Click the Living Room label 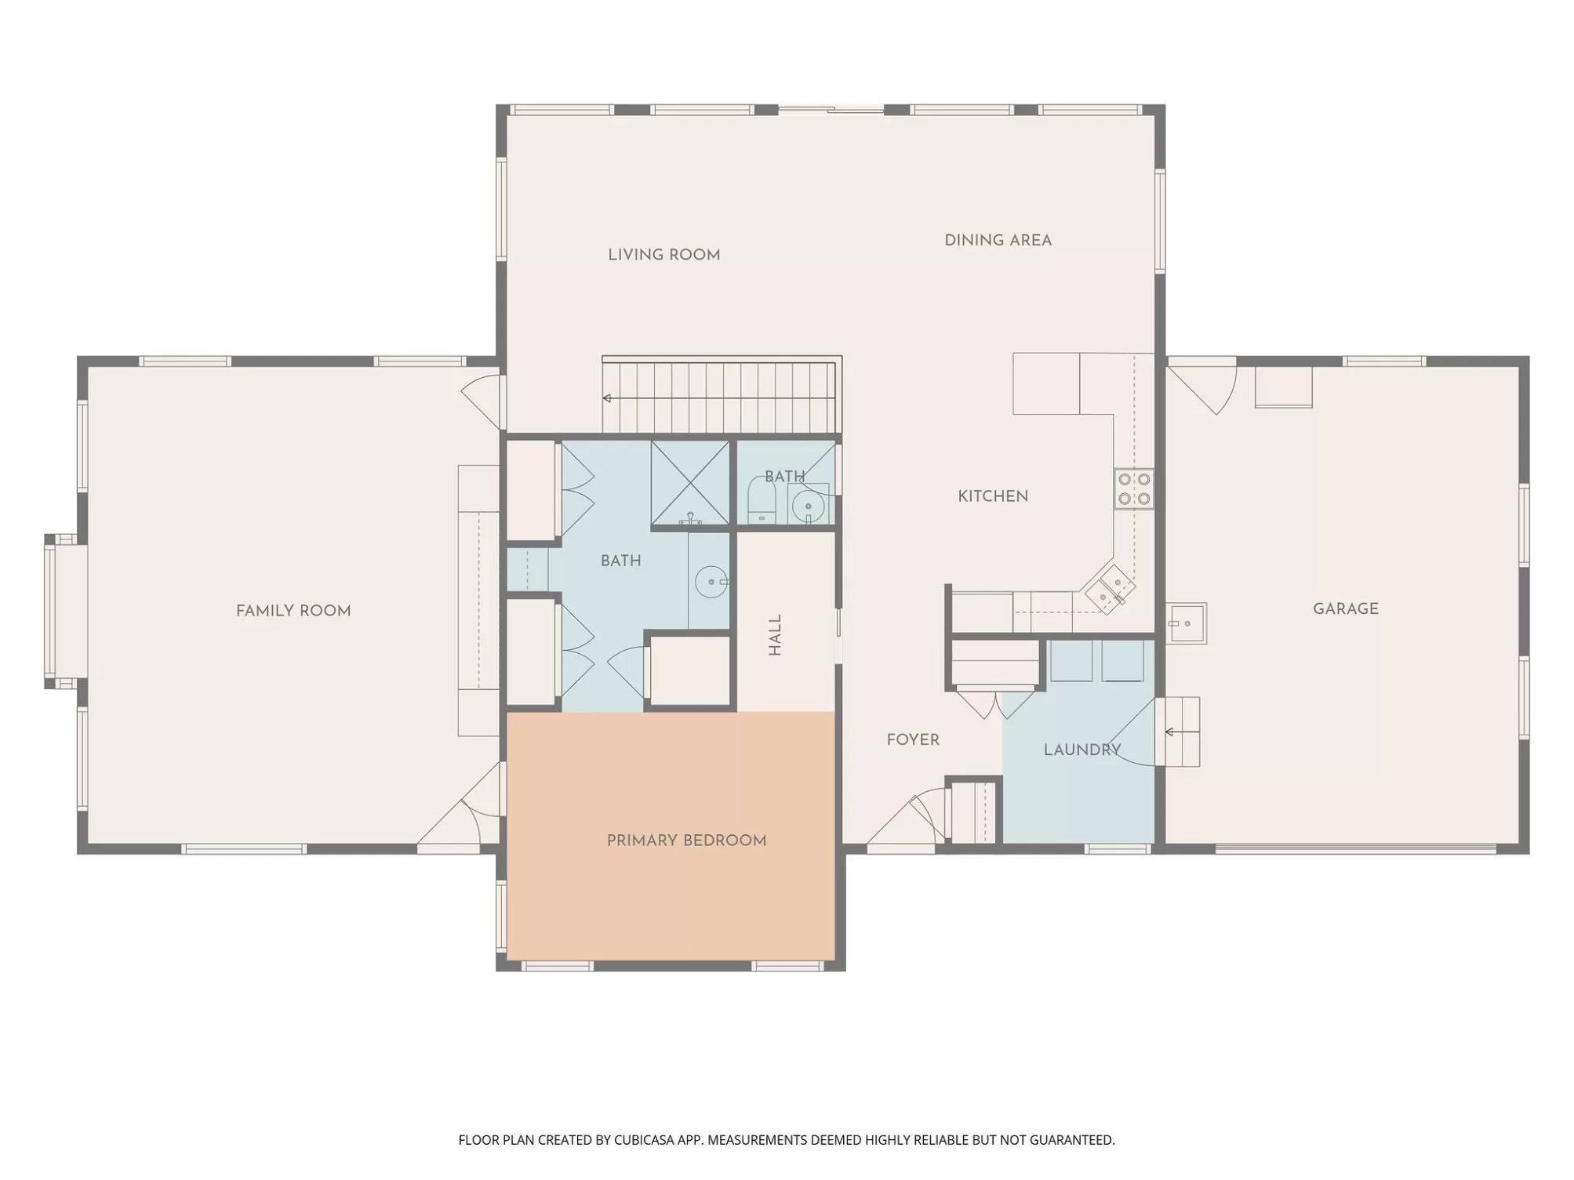click(x=663, y=255)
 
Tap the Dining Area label click(x=998, y=241)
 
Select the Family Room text click(x=293, y=611)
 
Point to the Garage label click(x=1345, y=608)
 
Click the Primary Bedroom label click(x=686, y=841)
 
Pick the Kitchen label click(x=993, y=496)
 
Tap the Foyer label click(x=913, y=740)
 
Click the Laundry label click(x=1082, y=750)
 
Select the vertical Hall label click(x=775, y=634)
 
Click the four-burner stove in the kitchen click(x=1134, y=488)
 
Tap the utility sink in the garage click(x=1185, y=623)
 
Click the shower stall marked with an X click(x=690, y=483)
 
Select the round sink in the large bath click(x=711, y=583)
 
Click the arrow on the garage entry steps click(x=1182, y=732)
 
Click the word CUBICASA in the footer click(x=644, y=1140)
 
